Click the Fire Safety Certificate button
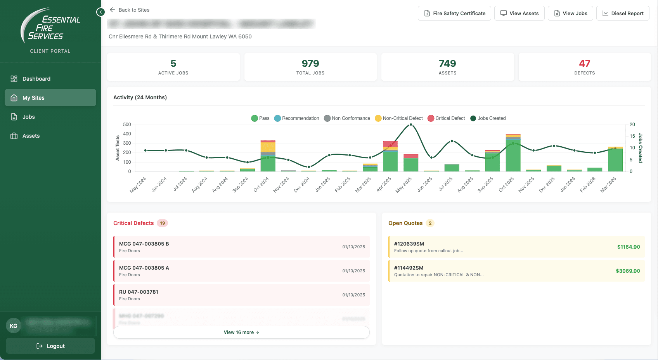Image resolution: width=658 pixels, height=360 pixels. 454,13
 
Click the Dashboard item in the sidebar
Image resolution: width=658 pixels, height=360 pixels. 36,79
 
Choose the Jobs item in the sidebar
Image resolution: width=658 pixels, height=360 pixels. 29,117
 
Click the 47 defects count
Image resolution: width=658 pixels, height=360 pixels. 584,64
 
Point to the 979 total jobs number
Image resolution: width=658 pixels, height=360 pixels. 310,64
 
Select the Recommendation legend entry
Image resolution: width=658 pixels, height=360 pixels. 297,118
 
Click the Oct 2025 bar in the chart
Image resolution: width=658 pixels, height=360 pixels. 513,153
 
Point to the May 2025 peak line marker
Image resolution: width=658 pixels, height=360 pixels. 411,125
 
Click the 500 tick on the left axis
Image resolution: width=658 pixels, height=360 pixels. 127,125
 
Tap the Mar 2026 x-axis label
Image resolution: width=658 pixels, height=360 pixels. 608,185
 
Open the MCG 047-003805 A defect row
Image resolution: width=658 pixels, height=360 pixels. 241,271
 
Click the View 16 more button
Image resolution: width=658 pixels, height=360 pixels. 241,332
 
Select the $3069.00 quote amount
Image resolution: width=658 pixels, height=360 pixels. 628,271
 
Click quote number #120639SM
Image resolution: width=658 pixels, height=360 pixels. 409,244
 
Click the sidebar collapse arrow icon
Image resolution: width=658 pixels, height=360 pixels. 100,12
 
